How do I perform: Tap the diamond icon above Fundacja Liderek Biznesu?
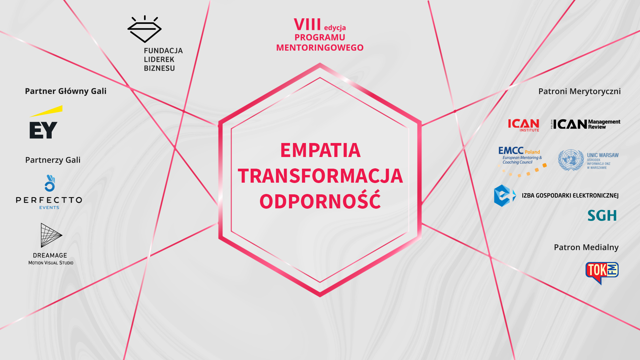[x=144, y=29]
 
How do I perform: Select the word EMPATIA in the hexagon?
[x=320, y=150]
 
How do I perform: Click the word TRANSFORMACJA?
[x=320, y=176]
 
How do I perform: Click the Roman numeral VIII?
[x=307, y=25]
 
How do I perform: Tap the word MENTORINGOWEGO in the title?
[x=320, y=48]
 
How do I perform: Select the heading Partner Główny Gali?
[x=66, y=91]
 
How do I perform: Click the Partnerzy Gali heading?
[x=53, y=160]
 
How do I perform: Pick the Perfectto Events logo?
[x=49, y=192]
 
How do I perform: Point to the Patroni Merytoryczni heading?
[x=579, y=91]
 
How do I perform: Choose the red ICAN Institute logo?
[x=523, y=125]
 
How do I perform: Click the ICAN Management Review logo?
[x=586, y=124]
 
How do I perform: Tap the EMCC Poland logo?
[x=522, y=161]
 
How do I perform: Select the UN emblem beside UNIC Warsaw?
[x=571, y=160]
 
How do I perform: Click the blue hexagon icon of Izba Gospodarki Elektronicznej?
[x=505, y=196]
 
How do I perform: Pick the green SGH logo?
[x=602, y=216]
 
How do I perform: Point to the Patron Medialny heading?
[x=586, y=247]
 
